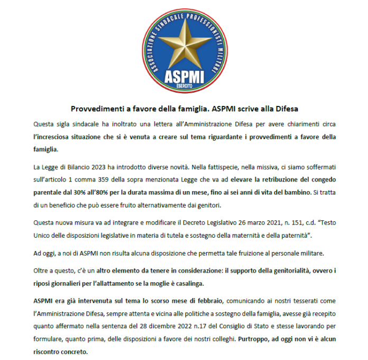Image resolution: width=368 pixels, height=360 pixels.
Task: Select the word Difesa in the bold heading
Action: coord(287,109)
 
